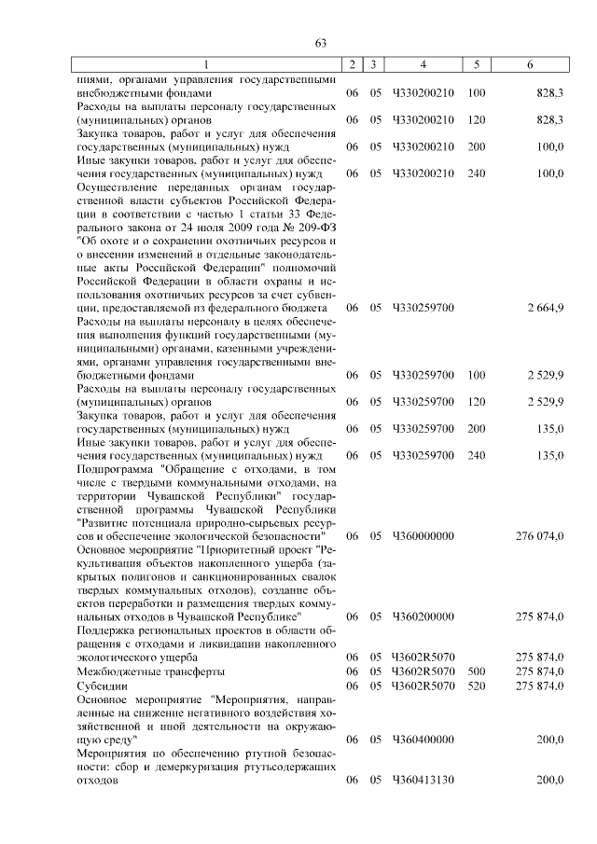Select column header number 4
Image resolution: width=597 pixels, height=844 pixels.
point(423,65)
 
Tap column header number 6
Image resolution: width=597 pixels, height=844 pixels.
point(530,65)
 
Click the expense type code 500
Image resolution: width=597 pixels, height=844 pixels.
point(476,671)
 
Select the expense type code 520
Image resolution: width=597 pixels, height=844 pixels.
point(476,685)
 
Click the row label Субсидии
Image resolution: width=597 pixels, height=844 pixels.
point(99,685)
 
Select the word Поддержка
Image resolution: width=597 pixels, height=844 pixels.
point(107,630)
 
